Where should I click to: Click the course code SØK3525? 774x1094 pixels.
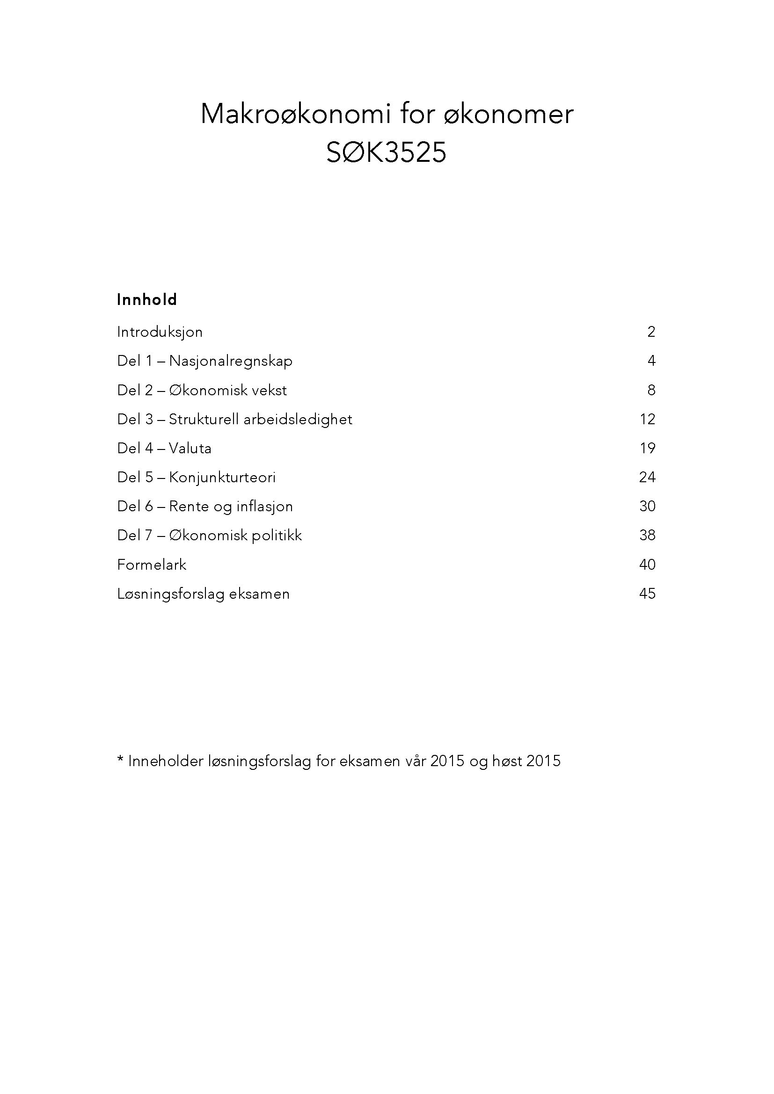click(386, 153)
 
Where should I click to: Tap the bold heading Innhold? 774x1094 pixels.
click(147, 300)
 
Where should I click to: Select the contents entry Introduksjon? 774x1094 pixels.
click(160, 332)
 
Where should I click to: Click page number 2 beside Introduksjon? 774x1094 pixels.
click(651, 332)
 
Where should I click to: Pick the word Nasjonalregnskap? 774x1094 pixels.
click(231, 361)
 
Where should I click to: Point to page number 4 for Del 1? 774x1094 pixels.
click(651, 361)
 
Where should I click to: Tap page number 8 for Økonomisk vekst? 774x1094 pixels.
click(651, 390)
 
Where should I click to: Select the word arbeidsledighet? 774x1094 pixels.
click(298, 419)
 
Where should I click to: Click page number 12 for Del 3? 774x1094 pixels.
click(647, 419)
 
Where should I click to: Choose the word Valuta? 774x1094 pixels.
click(190, 449)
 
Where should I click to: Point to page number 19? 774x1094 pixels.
click(647, 448)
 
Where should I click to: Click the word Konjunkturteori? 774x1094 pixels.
click(222, 478)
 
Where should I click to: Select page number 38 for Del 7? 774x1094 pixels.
click(647, 535)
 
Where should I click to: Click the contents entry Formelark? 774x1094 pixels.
click(152, 565)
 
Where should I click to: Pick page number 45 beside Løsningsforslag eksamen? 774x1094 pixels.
click(647, 594)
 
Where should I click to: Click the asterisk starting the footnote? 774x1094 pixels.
click(120, 760)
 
